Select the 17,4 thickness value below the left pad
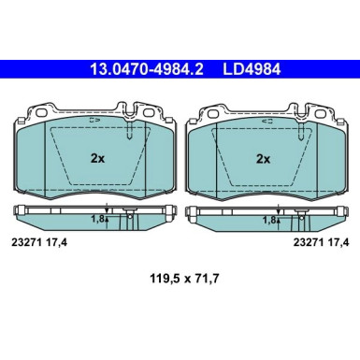click(59, 245)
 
